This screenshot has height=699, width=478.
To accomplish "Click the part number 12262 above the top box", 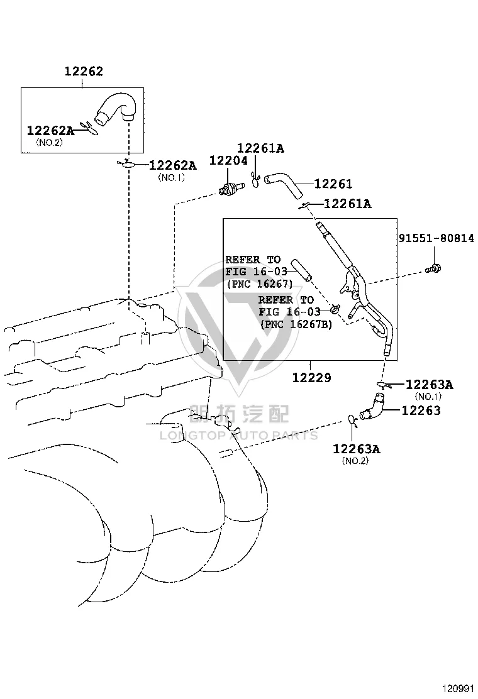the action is click(84, 71).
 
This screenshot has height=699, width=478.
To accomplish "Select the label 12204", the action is click(228, 160).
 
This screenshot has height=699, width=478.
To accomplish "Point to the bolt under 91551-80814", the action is click(433, 268).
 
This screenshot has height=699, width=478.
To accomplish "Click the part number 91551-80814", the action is click(436, 238).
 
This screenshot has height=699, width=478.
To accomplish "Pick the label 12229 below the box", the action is click(312, 378).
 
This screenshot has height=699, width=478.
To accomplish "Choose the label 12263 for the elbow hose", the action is click(421, 410).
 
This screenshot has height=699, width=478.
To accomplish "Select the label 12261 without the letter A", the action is click(333, 184).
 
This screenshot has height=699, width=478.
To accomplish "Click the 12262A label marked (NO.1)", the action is click(172, 165).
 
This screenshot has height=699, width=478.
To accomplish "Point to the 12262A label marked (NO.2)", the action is click(50, 131).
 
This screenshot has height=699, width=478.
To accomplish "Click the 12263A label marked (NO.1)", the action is click(429, 384).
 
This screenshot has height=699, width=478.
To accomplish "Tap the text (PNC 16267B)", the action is click(296, 324).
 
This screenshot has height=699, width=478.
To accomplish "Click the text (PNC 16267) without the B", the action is click(260, 283).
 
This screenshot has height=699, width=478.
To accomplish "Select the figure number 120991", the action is click(458, 689).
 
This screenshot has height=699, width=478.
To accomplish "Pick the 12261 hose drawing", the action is click(284, 185).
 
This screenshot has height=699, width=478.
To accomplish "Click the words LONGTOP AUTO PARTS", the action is click(239, 436).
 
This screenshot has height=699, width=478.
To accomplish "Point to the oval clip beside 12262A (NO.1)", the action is click(126, 165).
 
